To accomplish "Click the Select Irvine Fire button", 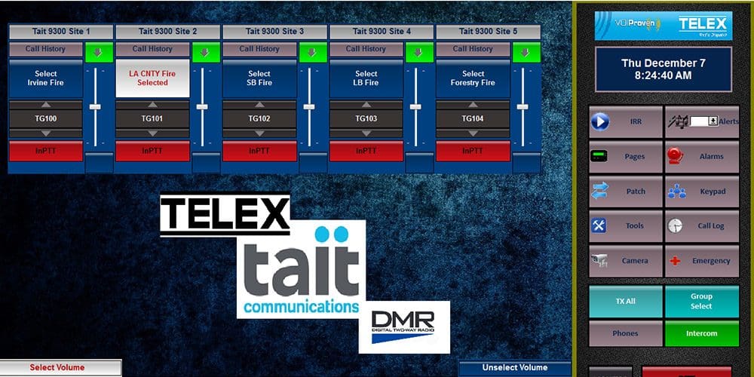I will click(46, 78).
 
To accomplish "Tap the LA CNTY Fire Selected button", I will click(152, 78).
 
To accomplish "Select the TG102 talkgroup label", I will click(259, 119).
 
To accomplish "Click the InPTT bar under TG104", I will click(473, 151).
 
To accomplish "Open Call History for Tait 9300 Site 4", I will click(366, 49).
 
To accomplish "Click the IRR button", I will click(626, 121).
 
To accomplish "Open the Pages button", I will click(626, 157).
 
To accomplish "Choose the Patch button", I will click(626, 192).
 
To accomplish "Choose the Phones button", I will click(625, 333).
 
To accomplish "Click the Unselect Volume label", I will click(515, 368).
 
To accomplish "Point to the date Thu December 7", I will click(664, 63).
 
